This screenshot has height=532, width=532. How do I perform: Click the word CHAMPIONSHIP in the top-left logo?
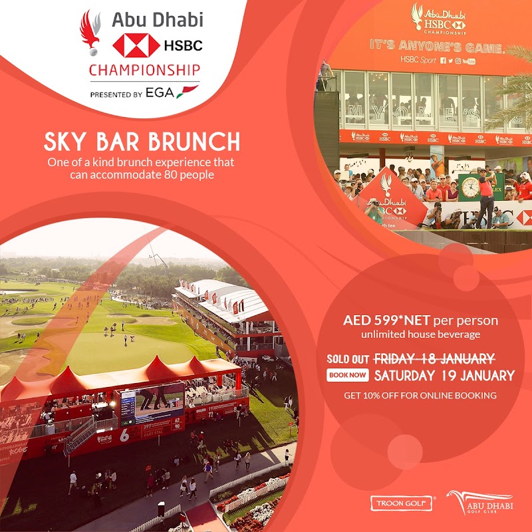click(x=144, y=69)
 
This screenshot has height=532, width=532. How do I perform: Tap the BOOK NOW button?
click(x=348, y=375)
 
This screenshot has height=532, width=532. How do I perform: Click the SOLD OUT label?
click(x=347, y=358)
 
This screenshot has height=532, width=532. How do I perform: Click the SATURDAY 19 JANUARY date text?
click(x=444, y=375)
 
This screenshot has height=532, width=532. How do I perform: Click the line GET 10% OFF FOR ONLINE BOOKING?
click(x=420, y=395)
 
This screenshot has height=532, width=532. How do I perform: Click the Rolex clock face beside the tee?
click(x=471, y=188)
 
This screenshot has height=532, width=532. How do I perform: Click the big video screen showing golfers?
click(x=160, y=402)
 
